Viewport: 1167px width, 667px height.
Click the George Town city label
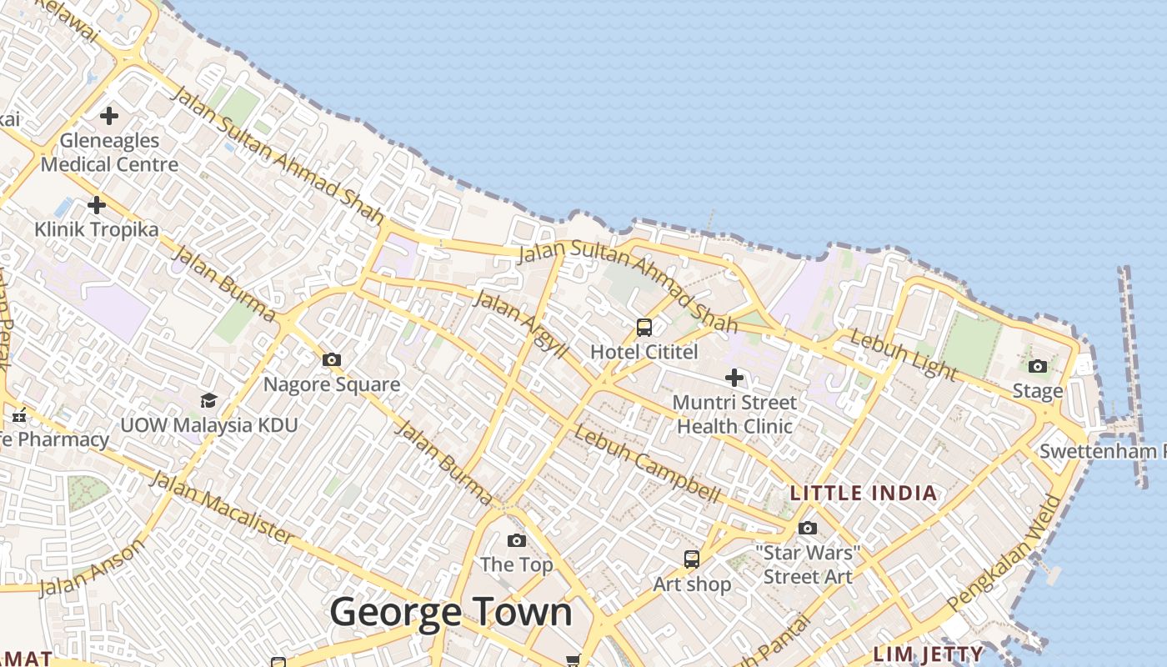pyautogui.click(x=451, y=613)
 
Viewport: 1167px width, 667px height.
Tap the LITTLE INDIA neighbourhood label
pyautogui.click(x=864, y=493)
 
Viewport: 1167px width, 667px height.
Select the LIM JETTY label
pyautogui.click(x=929, y=653)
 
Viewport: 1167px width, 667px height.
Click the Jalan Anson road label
pyautogui.click(x=92, y=568)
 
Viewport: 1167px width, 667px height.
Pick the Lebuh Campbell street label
pyautogui.click(x=647, y=464)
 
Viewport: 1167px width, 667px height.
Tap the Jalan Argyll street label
pyautogui.click(x=520, y=324)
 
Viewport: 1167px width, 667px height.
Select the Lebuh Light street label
pyautogui.click(x=903, y=355)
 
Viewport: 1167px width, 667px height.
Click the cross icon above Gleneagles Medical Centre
pyautogui.click(x=109, y=115)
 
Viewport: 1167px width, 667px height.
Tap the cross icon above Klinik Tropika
pyautogui.click(x=97, y=204)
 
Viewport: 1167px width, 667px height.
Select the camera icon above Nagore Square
pyautogui.click(x=332, y=360)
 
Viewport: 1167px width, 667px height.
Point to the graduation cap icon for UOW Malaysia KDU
pyautogui.click(x=208, y=401)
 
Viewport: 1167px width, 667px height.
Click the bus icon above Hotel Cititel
pyautogui.click(x=644, y=327)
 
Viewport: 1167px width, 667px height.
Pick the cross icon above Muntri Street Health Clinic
pyautogui.click(x=734, y=378)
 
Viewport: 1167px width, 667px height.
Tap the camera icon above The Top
pyautogui.click(x=517, y=540)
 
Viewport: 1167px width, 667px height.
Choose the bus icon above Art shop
pyautogui.click(x=692, y=559)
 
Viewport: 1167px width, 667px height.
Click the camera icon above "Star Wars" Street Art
pyautogui.click(x=808, y=528)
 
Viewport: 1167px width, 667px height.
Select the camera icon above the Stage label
pyautogui.click(x=1038, y=366)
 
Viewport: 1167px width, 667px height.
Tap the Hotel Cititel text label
pyautogui.click(x=644, y=352)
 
